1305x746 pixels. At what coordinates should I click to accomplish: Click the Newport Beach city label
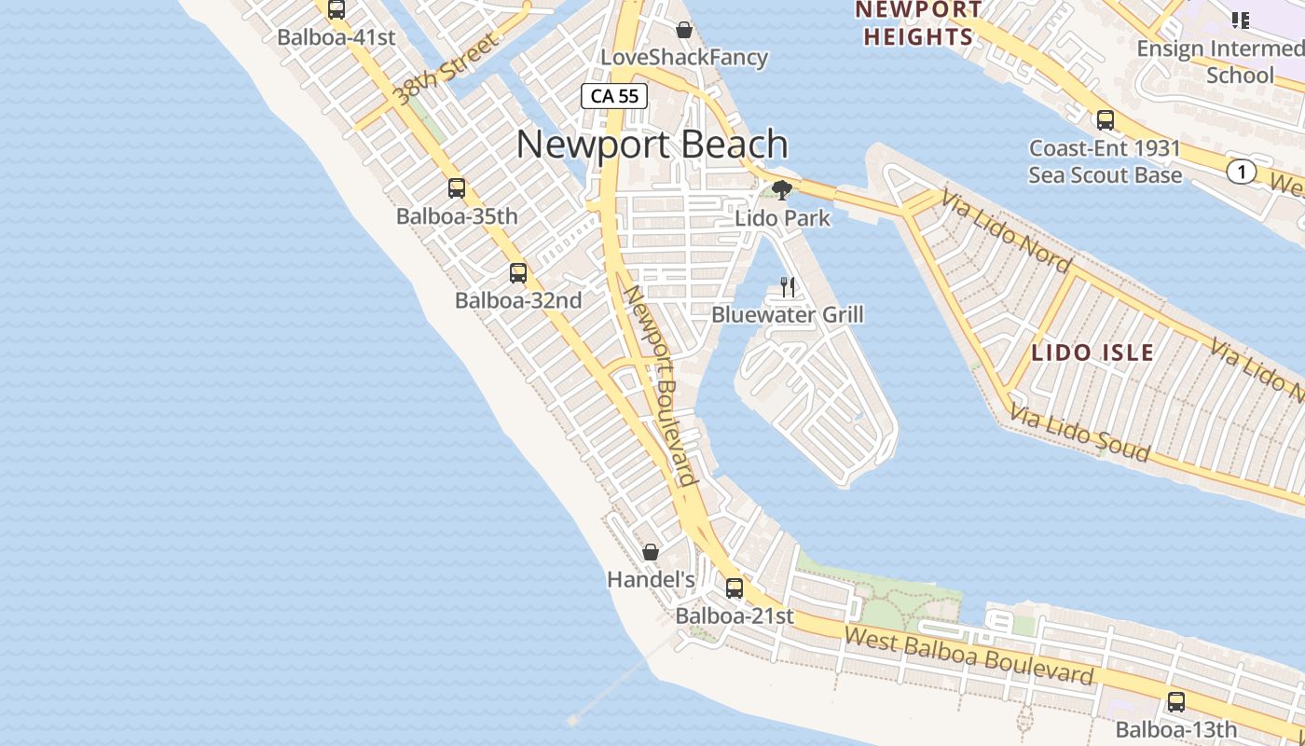(x=652, y=145)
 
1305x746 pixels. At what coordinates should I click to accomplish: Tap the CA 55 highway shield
(x=614, y=95)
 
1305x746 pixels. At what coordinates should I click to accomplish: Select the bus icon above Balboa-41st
(x=337, y=10)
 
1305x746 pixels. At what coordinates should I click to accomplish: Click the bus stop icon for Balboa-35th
(x=457, y=188)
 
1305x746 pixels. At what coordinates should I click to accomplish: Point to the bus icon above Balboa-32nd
(x=518, y=273)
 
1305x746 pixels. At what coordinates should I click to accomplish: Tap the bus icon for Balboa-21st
(x=735, y=588)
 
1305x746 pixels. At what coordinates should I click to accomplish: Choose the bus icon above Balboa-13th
(x=1176, y=702)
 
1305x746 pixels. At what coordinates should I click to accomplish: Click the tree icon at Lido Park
(x=782, y=190)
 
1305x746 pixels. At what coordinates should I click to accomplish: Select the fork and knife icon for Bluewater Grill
(x=788, y=287)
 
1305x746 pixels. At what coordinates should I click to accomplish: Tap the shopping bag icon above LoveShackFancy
(x=684, y=30)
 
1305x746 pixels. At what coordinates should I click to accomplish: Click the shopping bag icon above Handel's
(x=651, y=552)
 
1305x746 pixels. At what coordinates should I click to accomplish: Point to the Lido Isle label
(x=1092, y=353)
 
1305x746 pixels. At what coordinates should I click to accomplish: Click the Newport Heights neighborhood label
(x=918, y=24)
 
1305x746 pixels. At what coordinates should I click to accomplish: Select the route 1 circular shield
(x=1240, y=172)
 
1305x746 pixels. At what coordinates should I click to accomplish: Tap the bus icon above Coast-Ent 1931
(x=1106, y=120)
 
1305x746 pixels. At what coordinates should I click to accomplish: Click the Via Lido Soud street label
(x=1079, y=435)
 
